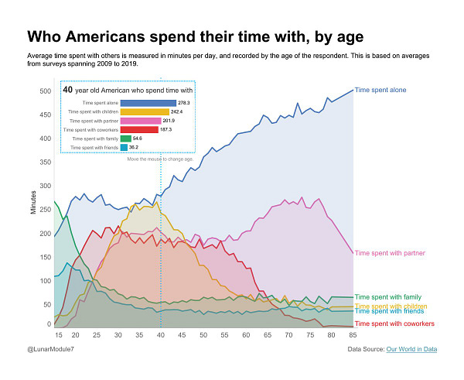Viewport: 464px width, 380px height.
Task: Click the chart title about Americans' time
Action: click(x=195, y=36)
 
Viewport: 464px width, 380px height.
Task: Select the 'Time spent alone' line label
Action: click(x=380, y=91)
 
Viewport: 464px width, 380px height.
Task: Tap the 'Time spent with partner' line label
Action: click(x=391, y=253)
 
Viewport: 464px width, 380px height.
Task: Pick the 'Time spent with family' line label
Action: click(x=387, y=297)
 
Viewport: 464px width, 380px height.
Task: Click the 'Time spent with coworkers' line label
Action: click(x=393, y=324)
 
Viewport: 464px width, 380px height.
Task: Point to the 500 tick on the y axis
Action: click(x=44, y=91)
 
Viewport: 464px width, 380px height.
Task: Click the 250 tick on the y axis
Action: click(x=44, y=208)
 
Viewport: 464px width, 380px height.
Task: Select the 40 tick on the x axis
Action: click(x=161, y=335)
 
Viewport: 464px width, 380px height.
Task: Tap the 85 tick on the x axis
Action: click(x=353, y=335)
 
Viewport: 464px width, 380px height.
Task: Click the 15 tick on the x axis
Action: click(x=59, y=335)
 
